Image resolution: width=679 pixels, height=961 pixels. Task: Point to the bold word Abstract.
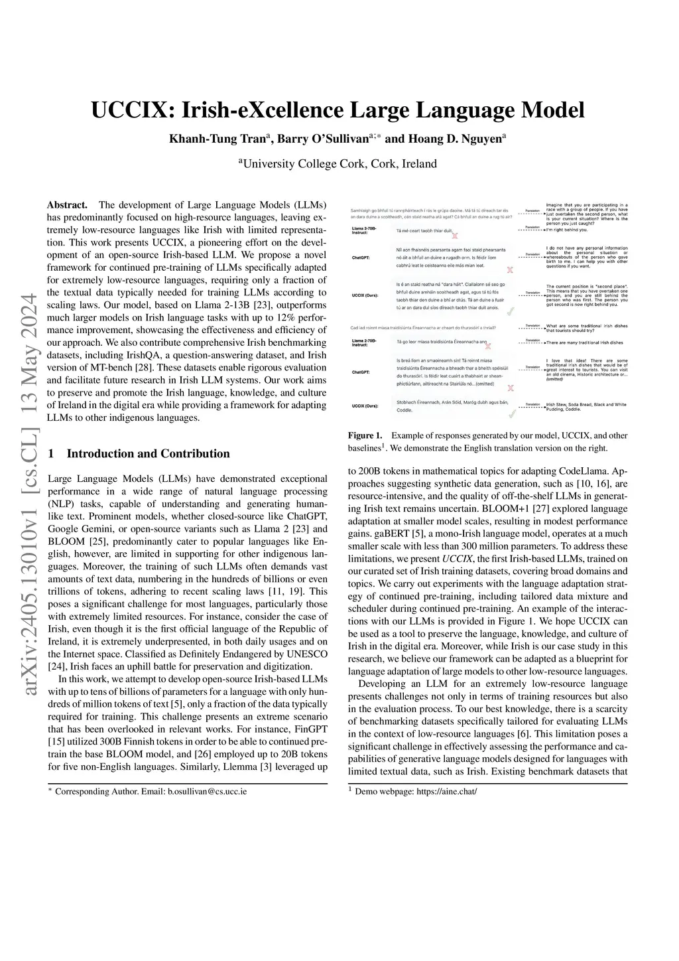tap(68, 205)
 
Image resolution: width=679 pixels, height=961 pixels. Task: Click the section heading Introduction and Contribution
tap(149, 454)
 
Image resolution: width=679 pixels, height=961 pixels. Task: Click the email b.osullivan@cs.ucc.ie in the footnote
tap(207, 792)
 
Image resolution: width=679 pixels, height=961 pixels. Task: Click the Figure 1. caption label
tap(365, 436)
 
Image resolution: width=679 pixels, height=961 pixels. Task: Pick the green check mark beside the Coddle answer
tap(511, 415)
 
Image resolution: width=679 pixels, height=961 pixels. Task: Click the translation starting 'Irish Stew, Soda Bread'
tap(586, 407)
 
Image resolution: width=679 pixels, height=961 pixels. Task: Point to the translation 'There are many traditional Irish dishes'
tap(584, 342)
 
